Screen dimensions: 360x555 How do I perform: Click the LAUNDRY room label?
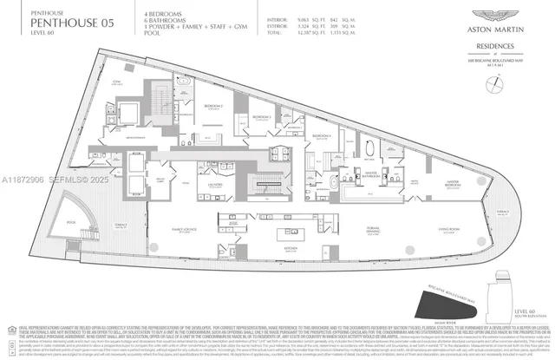217,185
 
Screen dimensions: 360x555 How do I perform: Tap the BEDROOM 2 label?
212,106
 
